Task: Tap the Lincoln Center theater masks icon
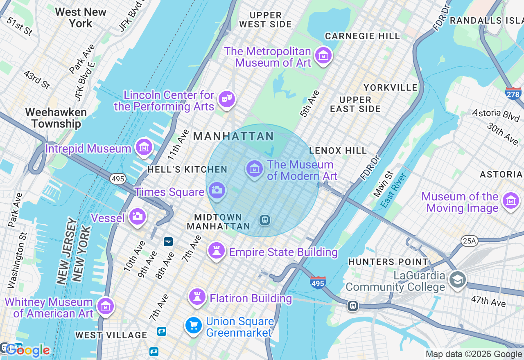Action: pos(226,99)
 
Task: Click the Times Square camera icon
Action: pos(217,190)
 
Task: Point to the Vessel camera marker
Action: pos(137,216)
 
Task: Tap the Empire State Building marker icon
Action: pos(217,250)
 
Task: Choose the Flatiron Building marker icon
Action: pos(197,296)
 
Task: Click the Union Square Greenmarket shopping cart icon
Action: pos(194,326)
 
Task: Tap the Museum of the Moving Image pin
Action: pos(510,201)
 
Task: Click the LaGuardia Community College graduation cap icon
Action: pos(457,280)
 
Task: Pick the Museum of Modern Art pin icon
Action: pos(254,168)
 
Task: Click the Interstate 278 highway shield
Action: pos(513,93)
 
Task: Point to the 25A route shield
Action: pos(469,241)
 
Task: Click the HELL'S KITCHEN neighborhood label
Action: pos(187,169)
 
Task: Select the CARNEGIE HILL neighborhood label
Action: pos(362,36)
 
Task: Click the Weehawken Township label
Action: pos(56,118)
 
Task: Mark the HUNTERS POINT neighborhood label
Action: pos(388,261)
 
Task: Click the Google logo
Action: pos(28,350)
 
